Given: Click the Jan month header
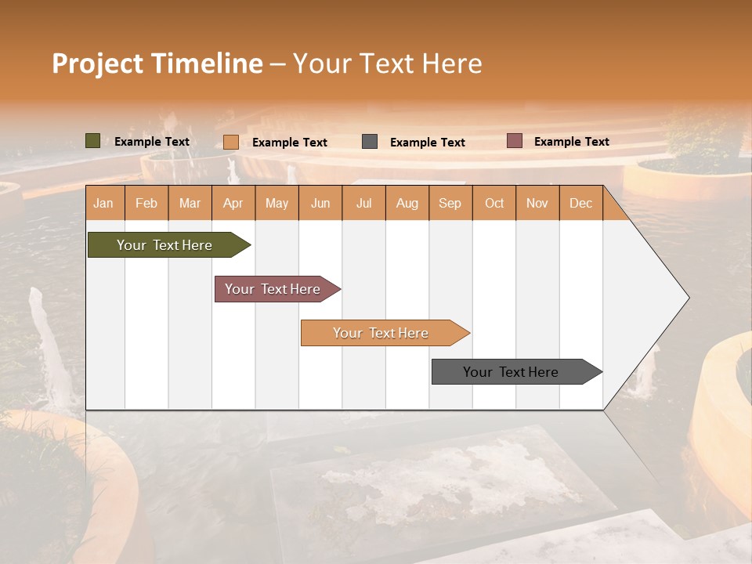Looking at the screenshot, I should [104, 203].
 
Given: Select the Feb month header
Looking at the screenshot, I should [146, 203].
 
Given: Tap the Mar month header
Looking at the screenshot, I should [190, 203].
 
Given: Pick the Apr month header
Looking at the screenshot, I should [233, 203].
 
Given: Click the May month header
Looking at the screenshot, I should [277, 203].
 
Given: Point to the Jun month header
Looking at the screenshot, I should [320, 203].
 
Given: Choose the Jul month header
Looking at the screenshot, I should [363, 203].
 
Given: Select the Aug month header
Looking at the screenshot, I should [407, 203].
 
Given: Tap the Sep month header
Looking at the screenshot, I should [450, 203].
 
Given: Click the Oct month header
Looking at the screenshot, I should [494, 203].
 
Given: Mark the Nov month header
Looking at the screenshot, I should [537, 203].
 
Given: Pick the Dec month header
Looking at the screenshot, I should [580, 203].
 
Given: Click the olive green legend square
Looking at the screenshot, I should [93, 141].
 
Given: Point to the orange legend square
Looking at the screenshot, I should [231, 142].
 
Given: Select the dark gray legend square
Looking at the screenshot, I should [370, 142].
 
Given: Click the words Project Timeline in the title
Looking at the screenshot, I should [157, 63].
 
